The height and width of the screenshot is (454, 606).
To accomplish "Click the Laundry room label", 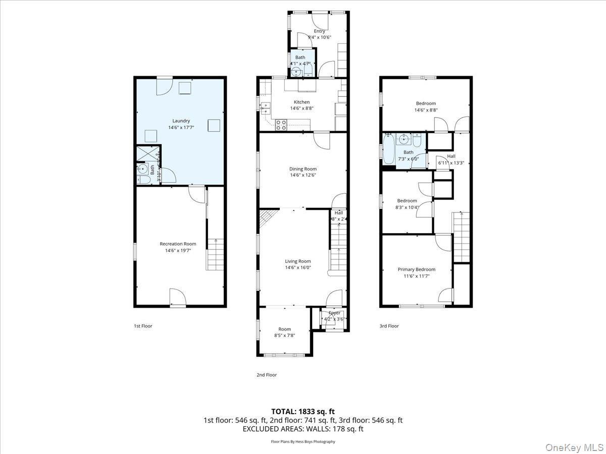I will pos(181,121).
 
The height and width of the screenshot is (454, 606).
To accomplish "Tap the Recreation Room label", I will pos(178,244).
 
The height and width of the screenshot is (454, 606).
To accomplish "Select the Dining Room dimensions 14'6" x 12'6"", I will pos(303,176).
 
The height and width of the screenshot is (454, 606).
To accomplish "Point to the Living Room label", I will pos(298,261).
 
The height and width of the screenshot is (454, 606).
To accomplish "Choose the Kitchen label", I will pos(301,102).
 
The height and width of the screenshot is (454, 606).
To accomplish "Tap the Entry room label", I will pos(319,31).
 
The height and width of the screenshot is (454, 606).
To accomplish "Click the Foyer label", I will pos(334,313).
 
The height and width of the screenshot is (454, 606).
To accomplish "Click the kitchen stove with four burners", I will pos(281,125).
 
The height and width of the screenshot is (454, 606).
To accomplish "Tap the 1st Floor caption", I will pos(143,326).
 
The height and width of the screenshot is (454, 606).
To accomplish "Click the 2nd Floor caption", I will pos(267,375).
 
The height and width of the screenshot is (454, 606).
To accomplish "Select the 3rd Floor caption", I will pos(389,326).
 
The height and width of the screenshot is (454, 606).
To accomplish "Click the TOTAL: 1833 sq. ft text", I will pos(302,411).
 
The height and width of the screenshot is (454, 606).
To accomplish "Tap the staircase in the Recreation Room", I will pos(215,254).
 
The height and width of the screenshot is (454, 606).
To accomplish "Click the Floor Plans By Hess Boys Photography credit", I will pos(302,441).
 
